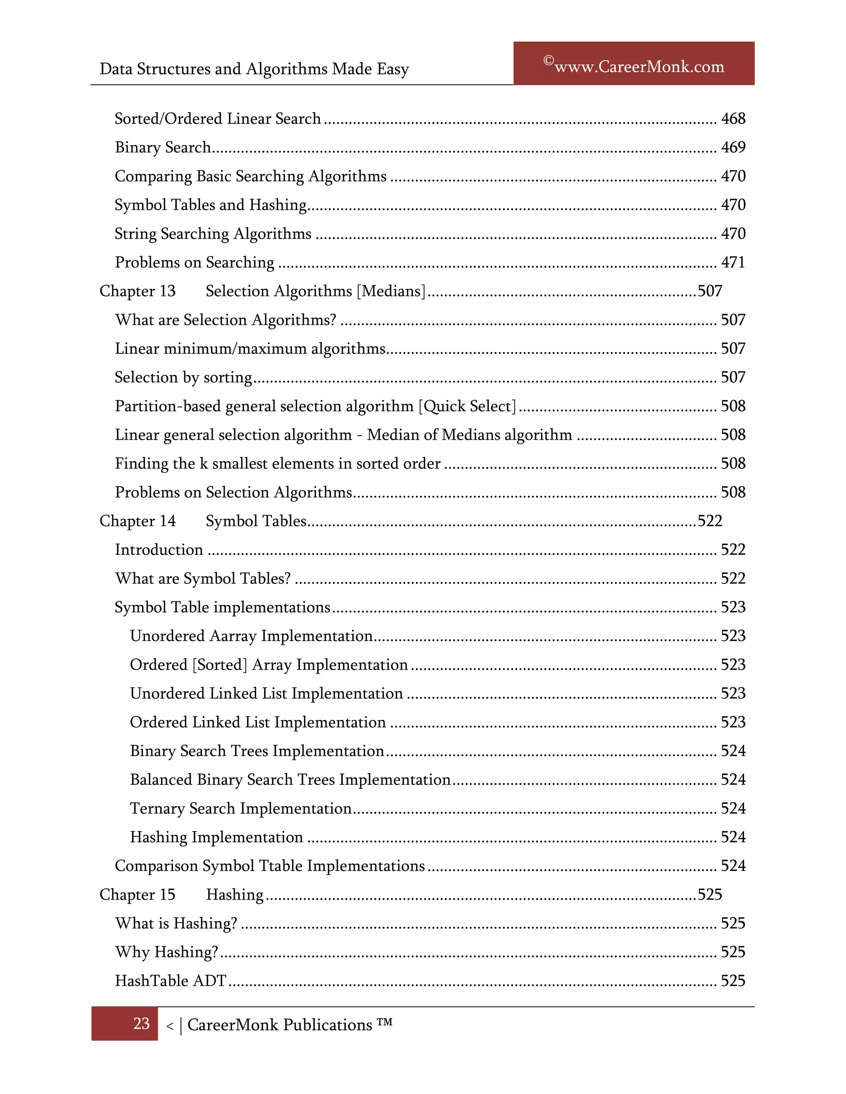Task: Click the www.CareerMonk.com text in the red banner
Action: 639,66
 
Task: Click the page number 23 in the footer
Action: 141,1023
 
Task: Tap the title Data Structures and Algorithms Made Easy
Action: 254,69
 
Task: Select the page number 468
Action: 733,119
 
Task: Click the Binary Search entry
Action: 163,147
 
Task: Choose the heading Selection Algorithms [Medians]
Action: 315,291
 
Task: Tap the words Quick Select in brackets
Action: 467,406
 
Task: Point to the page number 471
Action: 733,263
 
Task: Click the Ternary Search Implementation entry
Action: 240,808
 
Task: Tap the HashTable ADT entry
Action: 171,981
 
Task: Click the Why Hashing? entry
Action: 166,952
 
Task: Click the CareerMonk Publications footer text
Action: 280,1025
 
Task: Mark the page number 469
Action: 733,147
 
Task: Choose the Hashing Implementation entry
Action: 216,837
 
